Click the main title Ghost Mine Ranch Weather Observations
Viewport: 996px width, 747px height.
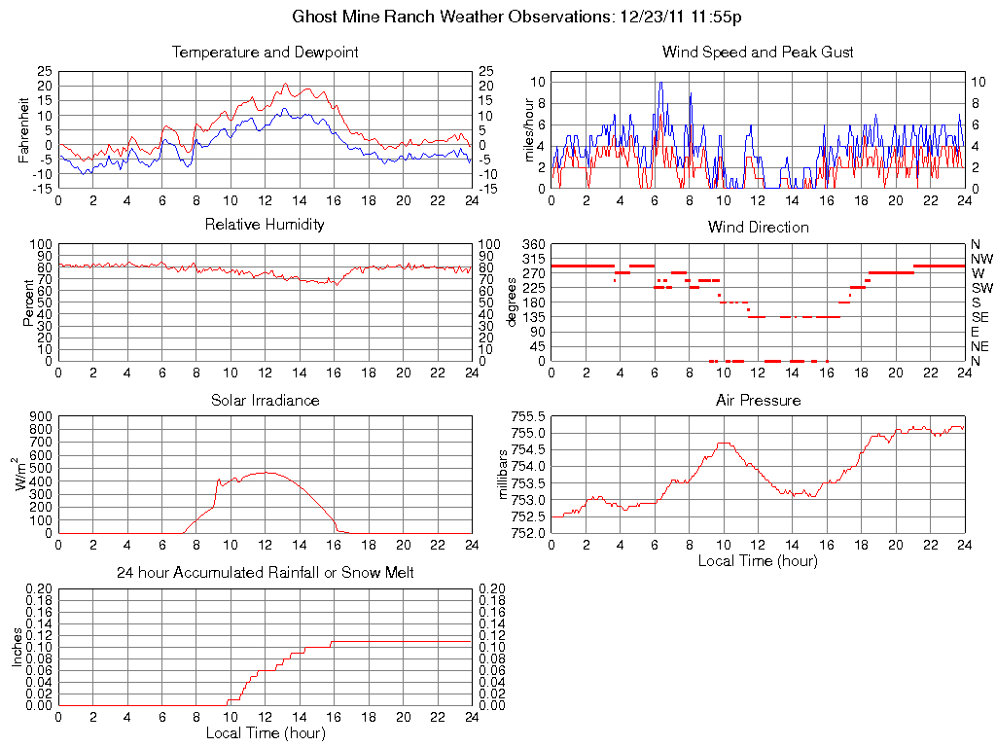coord(517,17)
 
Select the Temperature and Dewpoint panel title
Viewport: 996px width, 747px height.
coord(265,53)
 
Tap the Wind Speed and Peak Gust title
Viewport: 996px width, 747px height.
coord(758,53)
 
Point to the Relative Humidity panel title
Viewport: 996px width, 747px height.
coord(265,225)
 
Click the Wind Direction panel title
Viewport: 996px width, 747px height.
coord(758,228)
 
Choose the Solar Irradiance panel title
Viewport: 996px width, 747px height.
coord(265,400)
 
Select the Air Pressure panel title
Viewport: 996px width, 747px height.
coord(758,400)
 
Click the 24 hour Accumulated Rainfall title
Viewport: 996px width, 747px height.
coord(265,573)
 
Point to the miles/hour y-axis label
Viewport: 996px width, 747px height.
coord(516,129)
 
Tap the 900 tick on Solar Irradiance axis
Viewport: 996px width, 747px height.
coord(40,416)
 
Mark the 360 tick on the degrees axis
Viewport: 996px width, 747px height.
coord(533,244)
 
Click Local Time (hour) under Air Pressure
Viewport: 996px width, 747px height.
coord(758,560)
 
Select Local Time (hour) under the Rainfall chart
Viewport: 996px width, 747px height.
coord(265,732)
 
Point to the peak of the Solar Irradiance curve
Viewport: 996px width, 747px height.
coord(265,473)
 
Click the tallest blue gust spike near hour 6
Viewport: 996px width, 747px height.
coord(660,84)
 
